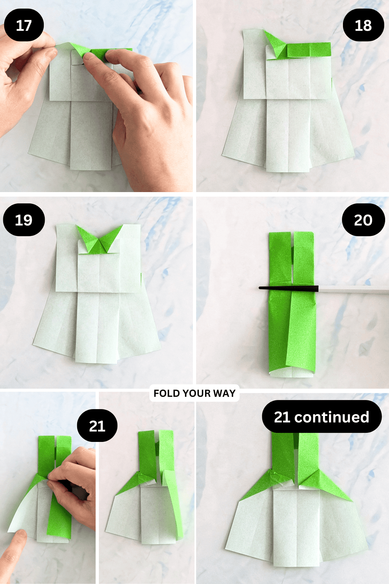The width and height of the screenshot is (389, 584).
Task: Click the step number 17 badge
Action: [x=24, y=25]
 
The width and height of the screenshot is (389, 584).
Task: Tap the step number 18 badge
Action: [x=363, y=25]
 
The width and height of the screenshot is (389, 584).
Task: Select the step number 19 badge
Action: [x=24, y=220]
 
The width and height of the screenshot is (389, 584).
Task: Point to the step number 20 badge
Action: [x=363, y=220]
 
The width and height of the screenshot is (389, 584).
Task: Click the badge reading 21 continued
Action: [x=322, y=417]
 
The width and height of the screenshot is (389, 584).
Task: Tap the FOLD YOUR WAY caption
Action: [x=194, y=393]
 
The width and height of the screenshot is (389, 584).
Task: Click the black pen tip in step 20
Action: [x=289, y=288]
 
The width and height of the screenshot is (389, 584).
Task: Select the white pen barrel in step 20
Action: [x=353, y=289]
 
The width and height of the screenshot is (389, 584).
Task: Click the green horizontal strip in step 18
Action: [x=308, y=50]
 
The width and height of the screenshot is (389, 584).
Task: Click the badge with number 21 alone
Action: [x=97, y=426]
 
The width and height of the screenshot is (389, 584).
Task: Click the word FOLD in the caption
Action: [x=166, y=393]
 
